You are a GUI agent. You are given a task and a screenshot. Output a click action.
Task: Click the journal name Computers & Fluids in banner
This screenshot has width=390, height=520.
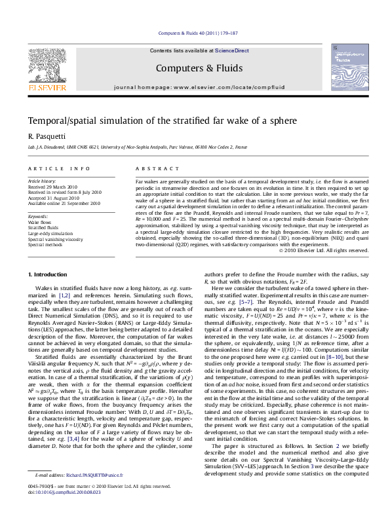pyautogui.click(x=195, y=67)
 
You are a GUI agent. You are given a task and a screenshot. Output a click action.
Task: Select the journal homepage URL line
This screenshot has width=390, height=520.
pyautogui.click(x=195, y=87)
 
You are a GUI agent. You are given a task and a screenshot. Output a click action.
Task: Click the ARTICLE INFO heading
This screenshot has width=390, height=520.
pyautogui.click(x=60, y=168)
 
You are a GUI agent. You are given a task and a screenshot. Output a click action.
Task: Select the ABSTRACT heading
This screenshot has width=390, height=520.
pyautogui.click(x=151, y=168)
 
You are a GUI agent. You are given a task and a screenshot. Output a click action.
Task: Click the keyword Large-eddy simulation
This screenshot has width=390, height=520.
pyautogui.click(x=50, y=232)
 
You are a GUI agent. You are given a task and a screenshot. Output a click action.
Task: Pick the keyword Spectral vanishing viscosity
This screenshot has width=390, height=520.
pyautogui.click(x=55, y=239)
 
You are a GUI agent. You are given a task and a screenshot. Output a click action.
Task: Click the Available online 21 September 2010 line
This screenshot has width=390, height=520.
pyautogui.click(x=64, y=203)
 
